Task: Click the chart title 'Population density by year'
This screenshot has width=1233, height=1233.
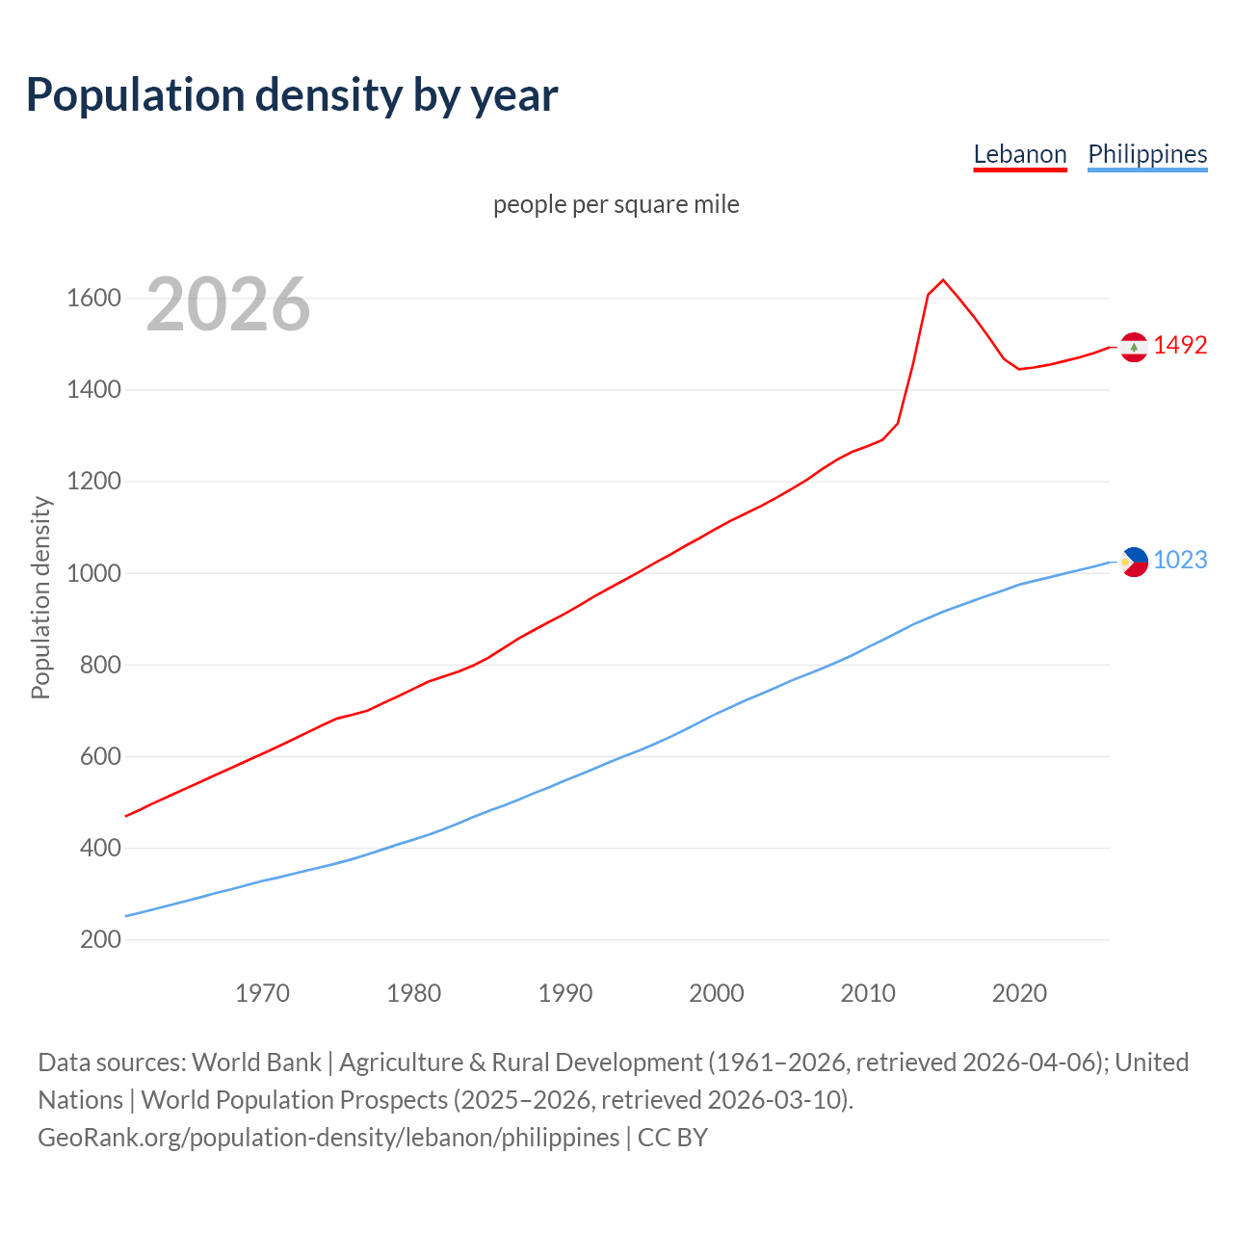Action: click(x=292, y=95)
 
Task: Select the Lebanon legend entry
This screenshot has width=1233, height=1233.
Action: click(x=1020, y=154)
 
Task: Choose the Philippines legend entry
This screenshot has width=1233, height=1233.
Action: click(x=1147, y=154)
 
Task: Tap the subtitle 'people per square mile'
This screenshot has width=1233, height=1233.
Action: click(x=616, y=204)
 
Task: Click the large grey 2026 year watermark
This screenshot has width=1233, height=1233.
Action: click(x=228, y=304)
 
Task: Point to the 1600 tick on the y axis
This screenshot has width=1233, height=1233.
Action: click(x=93, y=299)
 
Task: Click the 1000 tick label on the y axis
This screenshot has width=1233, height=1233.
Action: click(x=93, y=573)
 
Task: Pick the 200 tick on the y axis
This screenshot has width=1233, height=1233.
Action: click(x=100, y=939)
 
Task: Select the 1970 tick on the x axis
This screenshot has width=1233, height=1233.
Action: click(x=262, y=993)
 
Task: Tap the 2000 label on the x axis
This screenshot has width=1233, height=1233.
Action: click(x=717, y=993)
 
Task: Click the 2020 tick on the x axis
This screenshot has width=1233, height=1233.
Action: click(x=1019, y=993)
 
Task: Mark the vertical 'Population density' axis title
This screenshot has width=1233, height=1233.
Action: click(x=40, y=597)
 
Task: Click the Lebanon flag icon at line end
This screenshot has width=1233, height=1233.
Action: click(x=1134, y=347)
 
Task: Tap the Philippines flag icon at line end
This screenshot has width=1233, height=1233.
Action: click(x=1134, y=562)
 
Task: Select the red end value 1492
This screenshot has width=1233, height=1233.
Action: click(x=1180, y=345)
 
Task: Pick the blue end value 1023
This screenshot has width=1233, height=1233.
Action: click(x=1180, y=560)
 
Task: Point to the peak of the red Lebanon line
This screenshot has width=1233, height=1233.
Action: click(x=943, y=280)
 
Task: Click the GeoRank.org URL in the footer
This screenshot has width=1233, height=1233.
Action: click(x=328, y=1138)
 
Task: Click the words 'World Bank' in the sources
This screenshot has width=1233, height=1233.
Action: click(x=256, y=1062)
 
